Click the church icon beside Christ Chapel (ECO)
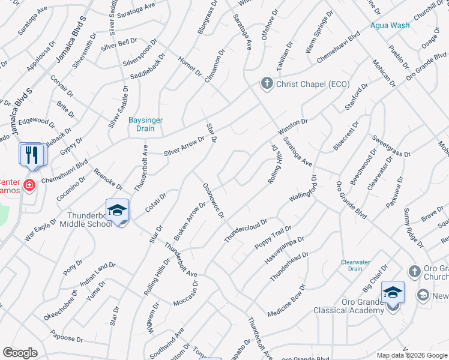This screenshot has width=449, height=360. [x=267, y=83]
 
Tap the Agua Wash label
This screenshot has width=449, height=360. [x=390, y=25]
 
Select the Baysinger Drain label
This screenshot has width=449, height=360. [x=145, y=124]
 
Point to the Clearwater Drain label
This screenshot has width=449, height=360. [x=355, y=266]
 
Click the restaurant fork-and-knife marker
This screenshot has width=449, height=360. [x=31, y=155]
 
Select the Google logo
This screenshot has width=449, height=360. [x=20, y=353]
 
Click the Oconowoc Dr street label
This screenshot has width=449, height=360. [x=213, y=200]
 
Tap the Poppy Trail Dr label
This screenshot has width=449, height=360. [x=273, y=238]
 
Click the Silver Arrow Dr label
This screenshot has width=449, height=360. [x=184, y=146]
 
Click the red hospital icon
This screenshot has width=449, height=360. [x=29, y=184]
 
